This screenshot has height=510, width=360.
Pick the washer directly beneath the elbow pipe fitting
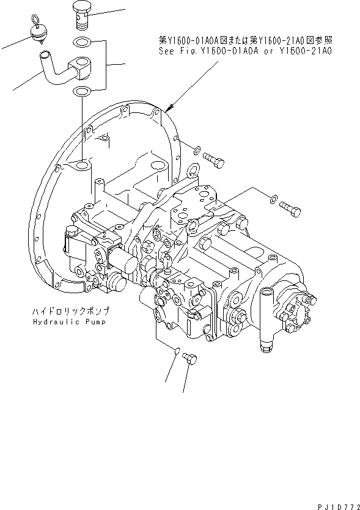81,91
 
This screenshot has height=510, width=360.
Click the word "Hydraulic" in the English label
52,321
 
